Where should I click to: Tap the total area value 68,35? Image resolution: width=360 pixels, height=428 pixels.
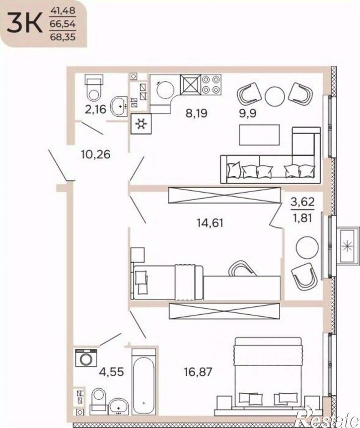click(x=63, y=37)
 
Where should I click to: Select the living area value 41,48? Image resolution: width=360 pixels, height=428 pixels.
click(x=63, y=11)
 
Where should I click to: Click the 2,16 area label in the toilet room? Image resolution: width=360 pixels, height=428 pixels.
click(x=95, y=110)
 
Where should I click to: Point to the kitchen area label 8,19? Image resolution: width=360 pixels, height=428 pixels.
click(x=197, y=113)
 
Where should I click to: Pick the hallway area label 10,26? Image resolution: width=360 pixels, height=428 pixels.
click(x=95, y=154)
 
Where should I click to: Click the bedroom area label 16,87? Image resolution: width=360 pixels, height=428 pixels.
click(x=198, y=372)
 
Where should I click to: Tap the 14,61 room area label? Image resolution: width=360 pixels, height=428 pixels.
click(x=210, y=223)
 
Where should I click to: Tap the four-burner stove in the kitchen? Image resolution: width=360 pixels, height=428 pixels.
click(x=211, y=84)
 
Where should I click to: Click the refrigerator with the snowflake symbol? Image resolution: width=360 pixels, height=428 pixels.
click(x=141, y=124)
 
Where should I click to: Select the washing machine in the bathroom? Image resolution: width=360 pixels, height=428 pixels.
click(x=86, y=358)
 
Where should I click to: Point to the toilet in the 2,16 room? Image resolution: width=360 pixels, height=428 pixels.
click(x=94, y=88)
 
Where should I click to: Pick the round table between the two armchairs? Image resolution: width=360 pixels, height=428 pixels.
click(x=275, y=97)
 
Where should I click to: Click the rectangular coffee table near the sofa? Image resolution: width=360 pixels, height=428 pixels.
click(x=259, y=135)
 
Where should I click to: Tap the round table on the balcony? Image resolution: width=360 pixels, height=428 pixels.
click(x=307, y=248)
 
